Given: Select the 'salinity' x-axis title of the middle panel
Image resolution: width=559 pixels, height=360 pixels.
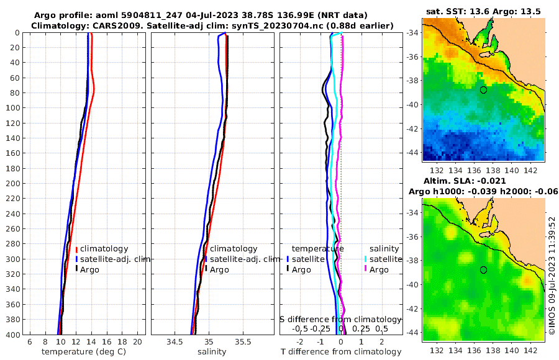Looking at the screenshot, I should tap(212, 352).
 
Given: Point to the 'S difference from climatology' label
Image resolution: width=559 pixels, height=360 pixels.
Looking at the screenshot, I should tap(340, 319).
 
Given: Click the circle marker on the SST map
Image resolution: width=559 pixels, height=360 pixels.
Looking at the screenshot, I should tap(483, 90).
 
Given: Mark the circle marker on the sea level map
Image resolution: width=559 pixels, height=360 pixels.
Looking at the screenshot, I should tap(483, 270).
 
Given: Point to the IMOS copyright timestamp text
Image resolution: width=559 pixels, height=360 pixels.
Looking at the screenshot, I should tap(552, 277).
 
